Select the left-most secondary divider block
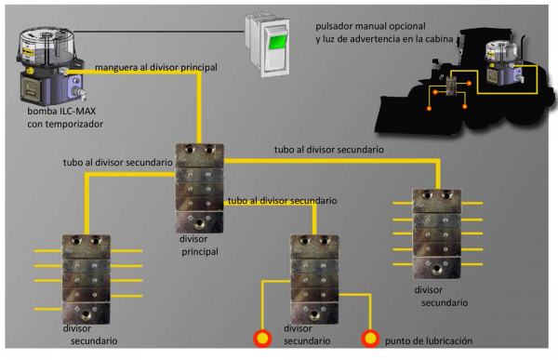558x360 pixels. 86,277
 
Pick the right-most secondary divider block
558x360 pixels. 436,233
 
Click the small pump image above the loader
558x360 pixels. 502,60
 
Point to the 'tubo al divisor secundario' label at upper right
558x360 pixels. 329,149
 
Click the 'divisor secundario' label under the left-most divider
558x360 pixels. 90,335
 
